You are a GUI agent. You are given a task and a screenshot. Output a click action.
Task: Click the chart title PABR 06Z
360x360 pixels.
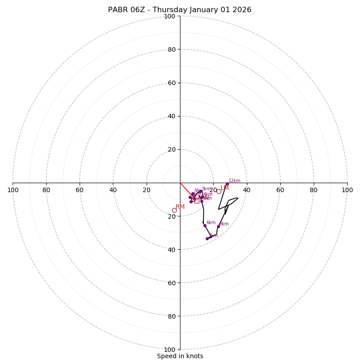(x=180, y=10)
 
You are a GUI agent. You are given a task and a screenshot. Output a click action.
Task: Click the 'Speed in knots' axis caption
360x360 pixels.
(x=180, y=356)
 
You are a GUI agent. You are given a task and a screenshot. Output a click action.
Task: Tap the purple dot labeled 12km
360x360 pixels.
(x=227, y=184)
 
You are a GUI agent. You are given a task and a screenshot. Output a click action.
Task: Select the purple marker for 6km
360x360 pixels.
(x=205, y=225)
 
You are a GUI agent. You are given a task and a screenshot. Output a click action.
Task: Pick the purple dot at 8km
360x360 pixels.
(x=218, y=226)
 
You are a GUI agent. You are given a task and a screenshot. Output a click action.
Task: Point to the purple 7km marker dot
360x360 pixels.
(x=207, y=238)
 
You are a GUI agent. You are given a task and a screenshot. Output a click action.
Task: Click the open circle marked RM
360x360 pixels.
(x=174, y=210)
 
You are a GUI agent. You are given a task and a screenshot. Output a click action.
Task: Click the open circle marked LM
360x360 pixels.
(x=219, y=191)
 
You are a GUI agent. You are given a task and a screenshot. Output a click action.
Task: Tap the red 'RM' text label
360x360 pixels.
(x=180, y=207)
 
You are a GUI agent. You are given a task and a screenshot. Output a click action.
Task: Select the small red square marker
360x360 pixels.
(x=197, y=201)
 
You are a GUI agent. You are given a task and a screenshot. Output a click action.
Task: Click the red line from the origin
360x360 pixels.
(x=186, y=189)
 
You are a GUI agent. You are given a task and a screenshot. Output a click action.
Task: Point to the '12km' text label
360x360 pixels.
(x=234, y=180)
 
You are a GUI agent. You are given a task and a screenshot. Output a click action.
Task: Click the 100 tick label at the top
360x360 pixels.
(x=169, y=16)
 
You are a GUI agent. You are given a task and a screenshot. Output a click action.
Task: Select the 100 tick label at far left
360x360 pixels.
(x=13, y=190)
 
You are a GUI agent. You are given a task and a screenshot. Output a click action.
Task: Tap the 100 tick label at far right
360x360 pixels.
(x=347, y=190)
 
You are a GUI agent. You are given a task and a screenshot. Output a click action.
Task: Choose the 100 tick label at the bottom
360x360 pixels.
(x=169, y=349)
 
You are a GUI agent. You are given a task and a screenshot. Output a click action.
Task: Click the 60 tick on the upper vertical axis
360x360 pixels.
(x=171, y=83)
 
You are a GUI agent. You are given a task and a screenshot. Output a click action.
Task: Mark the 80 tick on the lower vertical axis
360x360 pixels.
(x=171, y=316)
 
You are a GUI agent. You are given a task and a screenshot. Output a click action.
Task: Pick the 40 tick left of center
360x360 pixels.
(x=113, y=190)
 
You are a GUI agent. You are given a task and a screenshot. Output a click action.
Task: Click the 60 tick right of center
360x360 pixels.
(x=280, y=190)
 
